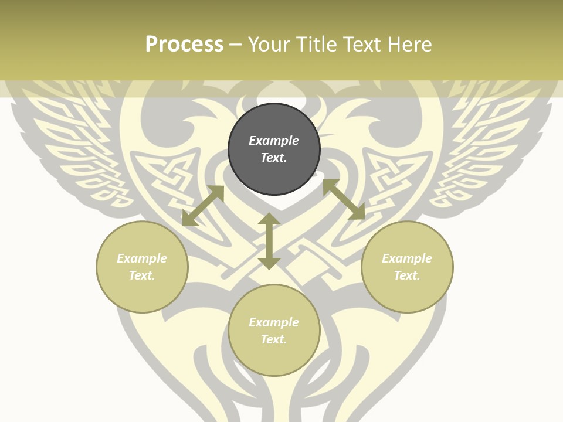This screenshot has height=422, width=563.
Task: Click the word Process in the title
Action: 184,45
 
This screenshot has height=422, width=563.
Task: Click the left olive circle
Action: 142,293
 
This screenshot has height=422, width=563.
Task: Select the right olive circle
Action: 407,293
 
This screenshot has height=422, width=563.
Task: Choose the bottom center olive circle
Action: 274,358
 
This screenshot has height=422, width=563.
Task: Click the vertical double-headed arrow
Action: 269,241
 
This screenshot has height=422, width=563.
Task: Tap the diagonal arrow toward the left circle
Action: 203,206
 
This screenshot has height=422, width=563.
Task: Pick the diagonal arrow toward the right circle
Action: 344,199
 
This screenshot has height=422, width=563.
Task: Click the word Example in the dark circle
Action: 274,141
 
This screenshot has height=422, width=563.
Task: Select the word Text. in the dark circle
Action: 274,158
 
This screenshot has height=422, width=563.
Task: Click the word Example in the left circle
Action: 142,258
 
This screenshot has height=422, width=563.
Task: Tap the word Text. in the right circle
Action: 407,275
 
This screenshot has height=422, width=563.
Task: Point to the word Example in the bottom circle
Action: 274,322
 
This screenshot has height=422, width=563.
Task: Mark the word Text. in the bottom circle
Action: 274,339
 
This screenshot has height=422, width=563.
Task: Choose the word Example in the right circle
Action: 407,258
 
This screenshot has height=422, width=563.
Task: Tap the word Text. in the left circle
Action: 142,275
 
